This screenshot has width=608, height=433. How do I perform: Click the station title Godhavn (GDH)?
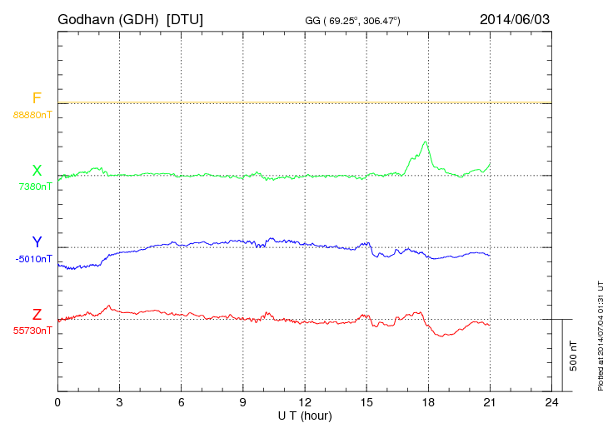coord(115,18)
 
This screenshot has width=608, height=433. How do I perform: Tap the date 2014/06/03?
coord(515,18)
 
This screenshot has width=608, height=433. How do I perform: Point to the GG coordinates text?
coord(353,20)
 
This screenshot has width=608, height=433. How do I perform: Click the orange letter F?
coord(37,99)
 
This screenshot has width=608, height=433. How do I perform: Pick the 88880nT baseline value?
coord(32,115)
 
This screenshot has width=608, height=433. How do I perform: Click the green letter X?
coord(37,171)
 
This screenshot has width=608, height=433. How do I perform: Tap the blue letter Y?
coord(37,242)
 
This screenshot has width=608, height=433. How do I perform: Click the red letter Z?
coord(37,315)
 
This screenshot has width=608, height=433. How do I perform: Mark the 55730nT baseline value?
coord(32,331)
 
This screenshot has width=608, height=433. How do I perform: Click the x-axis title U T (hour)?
coord(305,415)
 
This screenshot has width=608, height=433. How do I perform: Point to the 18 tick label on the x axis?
coord(428,403)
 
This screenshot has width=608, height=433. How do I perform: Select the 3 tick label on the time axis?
coord(120,403)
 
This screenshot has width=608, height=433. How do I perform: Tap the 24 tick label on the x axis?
coord(551,403)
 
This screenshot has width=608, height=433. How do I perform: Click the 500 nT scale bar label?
coord(574,355)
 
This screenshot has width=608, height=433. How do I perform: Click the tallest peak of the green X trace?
coord(426,142)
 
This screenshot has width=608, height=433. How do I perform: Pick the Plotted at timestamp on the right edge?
coord(601,332)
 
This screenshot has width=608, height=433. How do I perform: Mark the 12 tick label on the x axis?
coord(305,403)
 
